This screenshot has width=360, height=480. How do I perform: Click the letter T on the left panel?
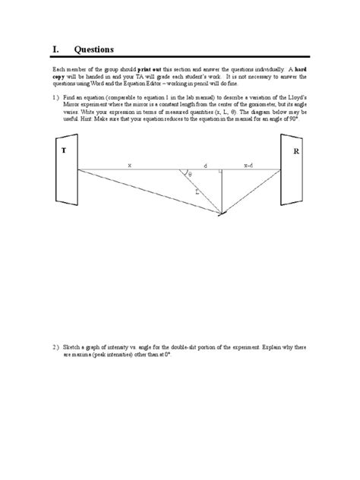(64, 150)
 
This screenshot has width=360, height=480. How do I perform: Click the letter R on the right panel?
(296, 152)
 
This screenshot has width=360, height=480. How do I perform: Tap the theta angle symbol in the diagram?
(191, 175)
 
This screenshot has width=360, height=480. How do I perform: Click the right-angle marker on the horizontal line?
(219, 172)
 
